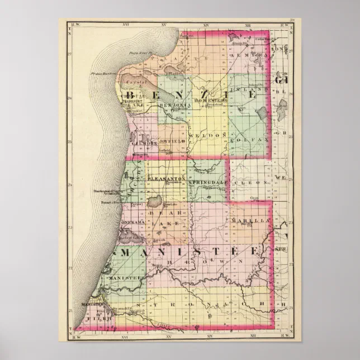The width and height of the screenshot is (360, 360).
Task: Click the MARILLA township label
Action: pos(250,221)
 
